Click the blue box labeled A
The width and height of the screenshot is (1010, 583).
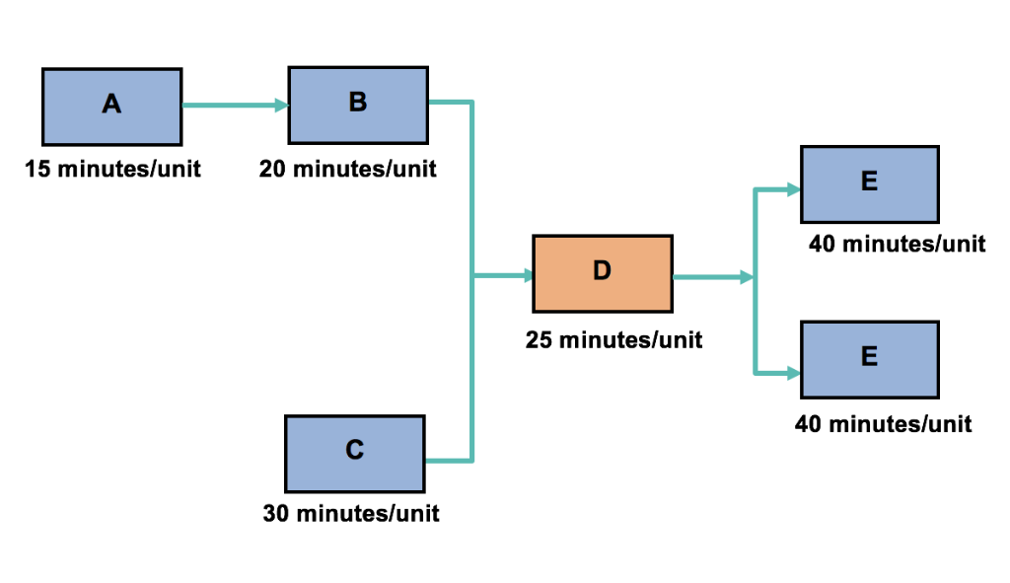pos(111,107)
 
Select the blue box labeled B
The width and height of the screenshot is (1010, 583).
pos(357,105)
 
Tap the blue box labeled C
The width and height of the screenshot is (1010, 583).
pos(355,453)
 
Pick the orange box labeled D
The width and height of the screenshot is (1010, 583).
pos(602,273)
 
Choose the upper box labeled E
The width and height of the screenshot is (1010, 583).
pos(869,184)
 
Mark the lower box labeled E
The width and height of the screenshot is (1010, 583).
pos(869,359)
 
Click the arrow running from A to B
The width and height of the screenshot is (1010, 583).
pos(234,106)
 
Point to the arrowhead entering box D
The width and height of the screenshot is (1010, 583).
pos(525,275)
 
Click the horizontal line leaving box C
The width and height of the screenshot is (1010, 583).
pos(449,461)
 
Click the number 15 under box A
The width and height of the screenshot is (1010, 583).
pos(38,169)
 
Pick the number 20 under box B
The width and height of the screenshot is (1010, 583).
pos(275,169)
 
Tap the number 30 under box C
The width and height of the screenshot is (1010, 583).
pos(278,513)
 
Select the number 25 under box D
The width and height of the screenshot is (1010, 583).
pos(541,340)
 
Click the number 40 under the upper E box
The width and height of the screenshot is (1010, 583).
pos(825,244)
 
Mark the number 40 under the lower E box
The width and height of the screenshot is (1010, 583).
pos(811,424)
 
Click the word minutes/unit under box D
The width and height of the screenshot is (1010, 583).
pos(631,340)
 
